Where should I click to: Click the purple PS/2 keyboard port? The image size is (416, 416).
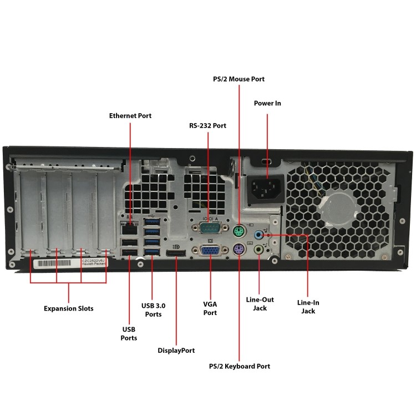tap(239, 251)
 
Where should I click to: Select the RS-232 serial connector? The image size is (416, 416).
tap(208, 227)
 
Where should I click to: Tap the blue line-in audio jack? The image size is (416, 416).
tap(258, 235)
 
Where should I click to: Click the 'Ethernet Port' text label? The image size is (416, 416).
tap(130, 115)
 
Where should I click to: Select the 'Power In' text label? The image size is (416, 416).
tap(267, 103)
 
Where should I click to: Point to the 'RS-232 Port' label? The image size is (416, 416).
tap(208, 126)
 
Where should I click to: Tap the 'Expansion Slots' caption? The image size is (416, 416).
tap(69, 308)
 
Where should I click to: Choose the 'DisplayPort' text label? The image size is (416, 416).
tap(176, 351)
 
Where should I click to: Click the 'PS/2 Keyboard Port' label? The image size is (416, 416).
tap(240, 366)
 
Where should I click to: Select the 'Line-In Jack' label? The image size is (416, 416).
tap(308, 307)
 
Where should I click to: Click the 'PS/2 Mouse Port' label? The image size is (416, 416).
tap(239, 79)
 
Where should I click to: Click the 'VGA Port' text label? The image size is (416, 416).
tap(210, 308)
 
